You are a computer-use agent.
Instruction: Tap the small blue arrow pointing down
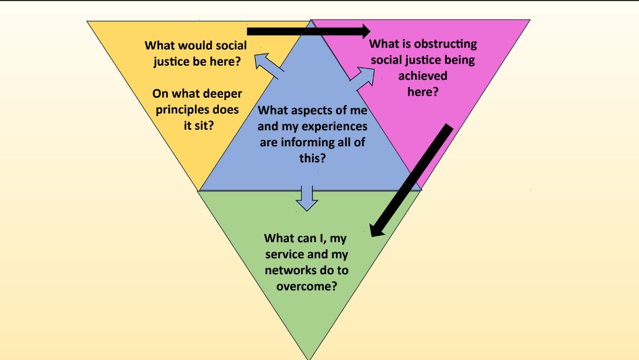tap(307, 198)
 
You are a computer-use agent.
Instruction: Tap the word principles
tap(182, 110)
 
